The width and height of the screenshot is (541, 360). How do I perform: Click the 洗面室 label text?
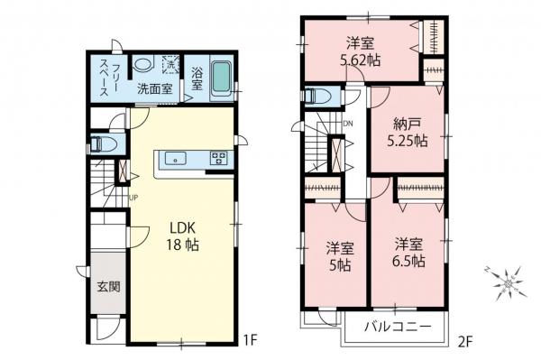point(154,89)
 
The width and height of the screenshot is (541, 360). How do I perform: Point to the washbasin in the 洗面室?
point(142,65)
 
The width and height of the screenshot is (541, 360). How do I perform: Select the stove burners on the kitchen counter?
point(218,159)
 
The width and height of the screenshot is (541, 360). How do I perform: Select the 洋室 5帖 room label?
point(337,255)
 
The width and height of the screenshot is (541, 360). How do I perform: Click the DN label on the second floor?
point(349,124)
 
